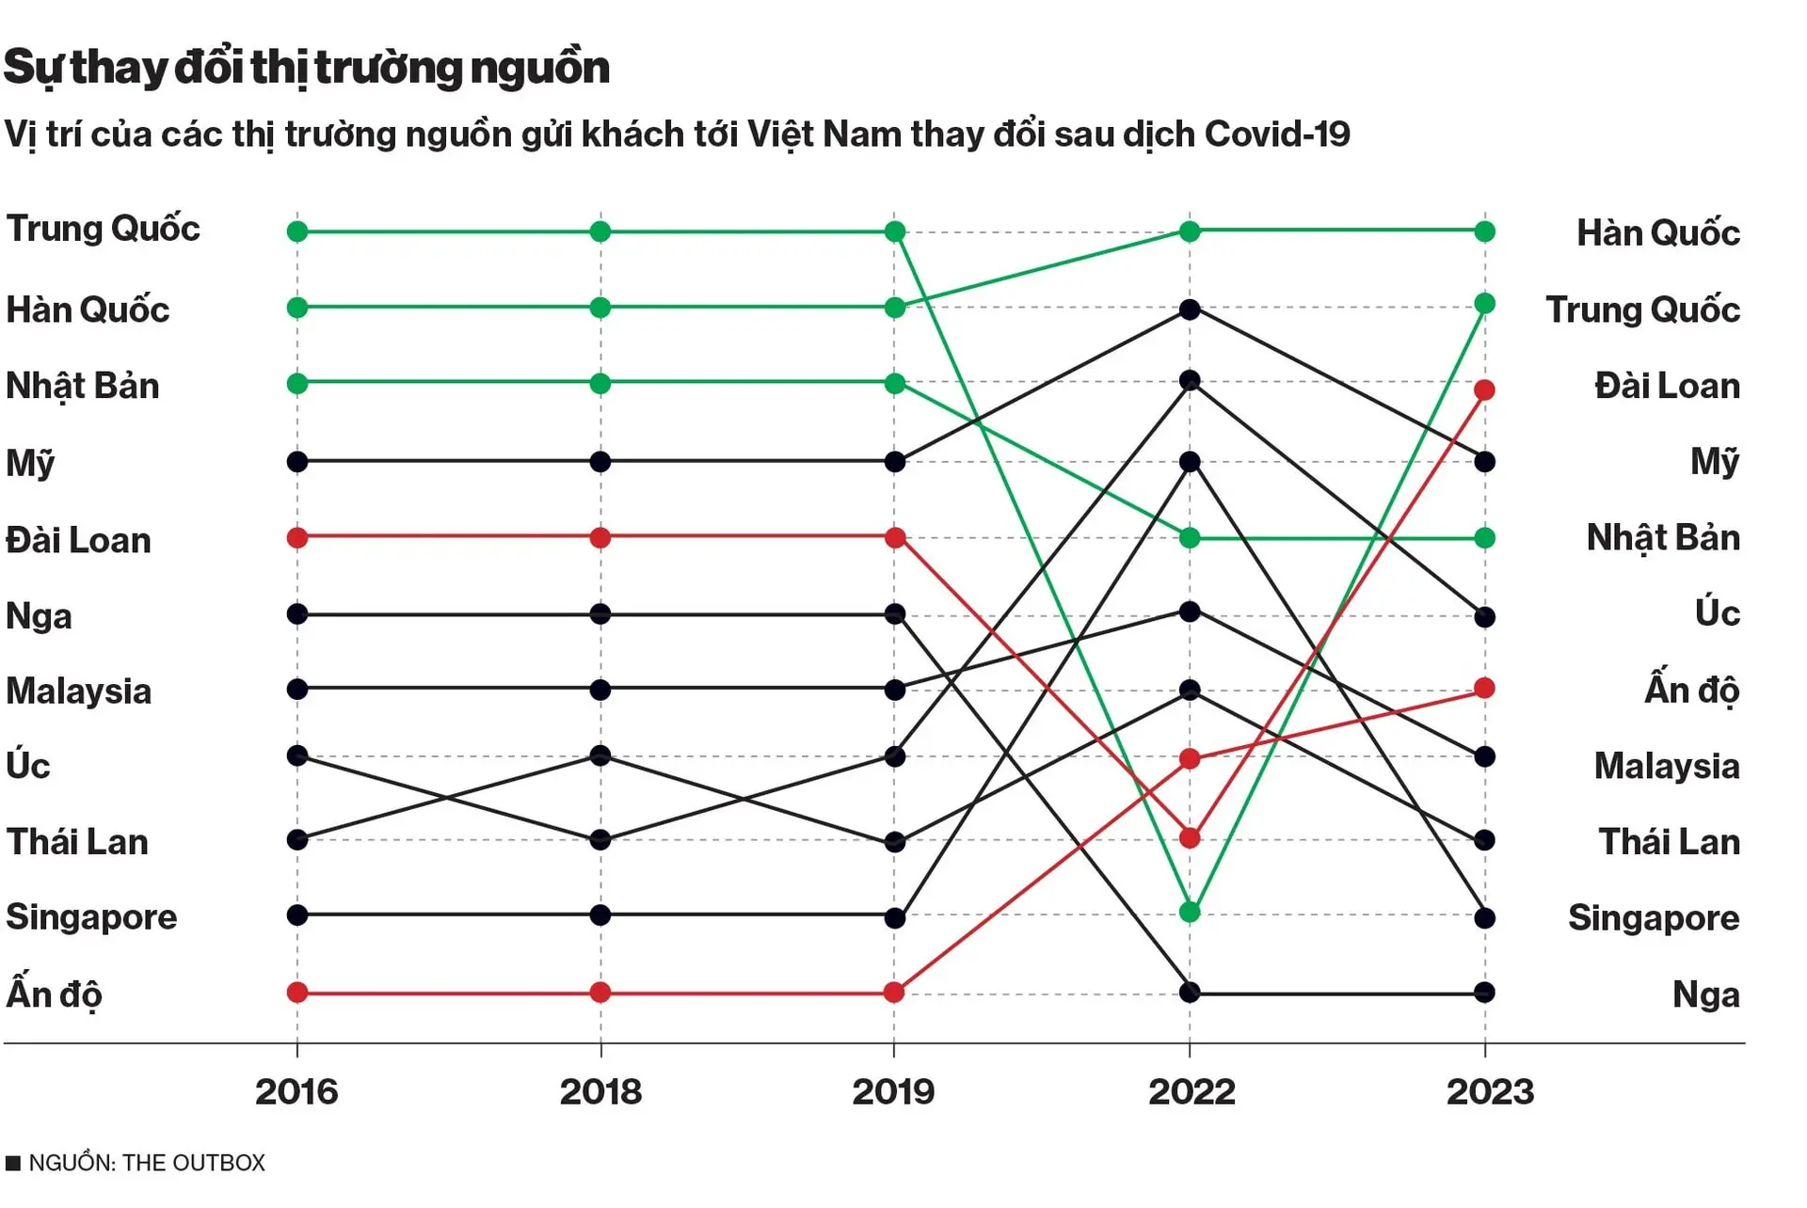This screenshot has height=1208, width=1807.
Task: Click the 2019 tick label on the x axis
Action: pos(893,1091)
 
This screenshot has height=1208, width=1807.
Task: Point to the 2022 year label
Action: pos(1191,1091)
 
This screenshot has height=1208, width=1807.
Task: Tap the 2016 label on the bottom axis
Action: pos(296,1091)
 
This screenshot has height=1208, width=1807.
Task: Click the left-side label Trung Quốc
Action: pos(103,229)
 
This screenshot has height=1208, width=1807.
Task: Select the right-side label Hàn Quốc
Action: pos(1657,232)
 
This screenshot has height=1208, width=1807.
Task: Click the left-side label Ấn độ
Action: pos(54,993)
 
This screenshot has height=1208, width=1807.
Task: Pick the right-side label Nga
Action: pos(1705,994)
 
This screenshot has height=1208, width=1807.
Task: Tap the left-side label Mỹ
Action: pos(30,463)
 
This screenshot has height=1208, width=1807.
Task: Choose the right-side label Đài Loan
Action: pos(1667,386)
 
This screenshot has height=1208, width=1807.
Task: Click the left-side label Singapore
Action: pos(91,916)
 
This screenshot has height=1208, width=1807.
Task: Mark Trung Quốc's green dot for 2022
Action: pos(1190,912)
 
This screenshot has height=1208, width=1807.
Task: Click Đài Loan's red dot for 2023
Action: pos(1484,389)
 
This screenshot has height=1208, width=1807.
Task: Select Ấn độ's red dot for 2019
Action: pos(894,992)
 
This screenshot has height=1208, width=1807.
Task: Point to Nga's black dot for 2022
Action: pos(1190,992)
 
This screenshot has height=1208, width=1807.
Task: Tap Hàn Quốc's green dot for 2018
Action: pos(600,308)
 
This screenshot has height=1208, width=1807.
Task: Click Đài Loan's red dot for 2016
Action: pos(297,538)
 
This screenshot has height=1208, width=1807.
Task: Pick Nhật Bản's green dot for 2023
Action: pos(1484,538)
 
